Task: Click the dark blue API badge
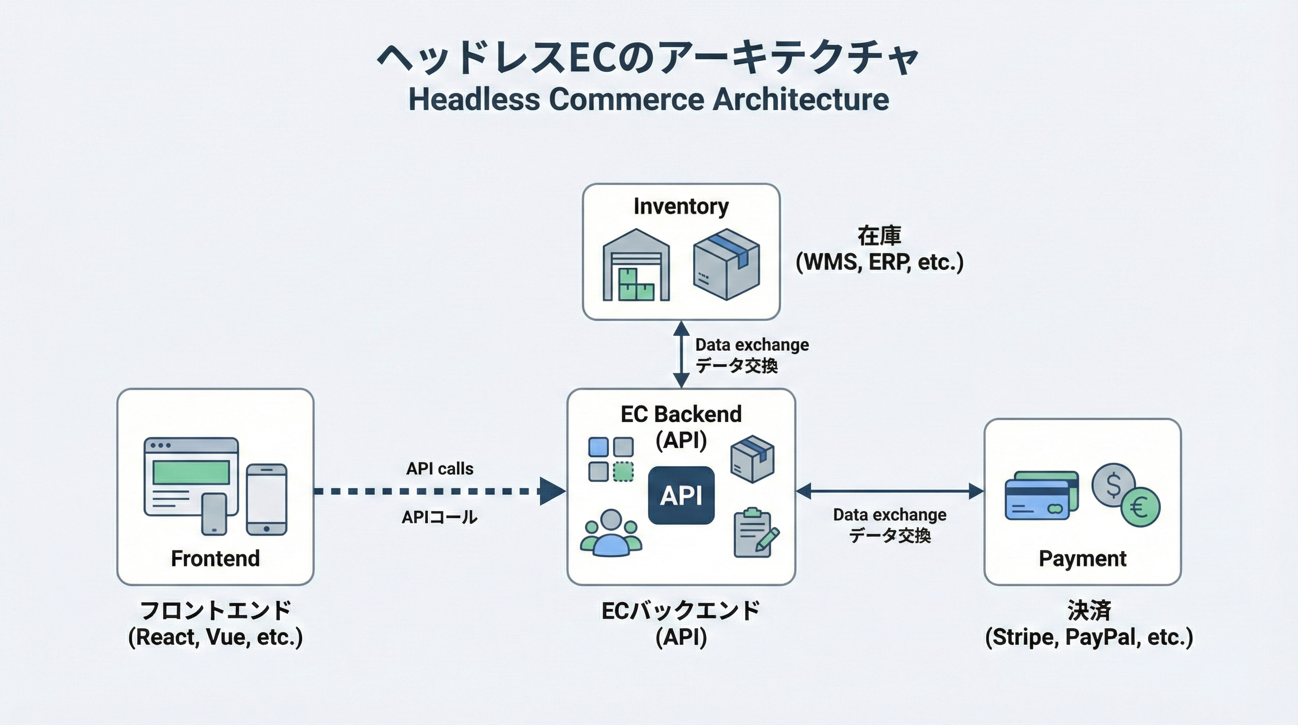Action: pos(681,495)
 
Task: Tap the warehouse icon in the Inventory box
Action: pos(636,265)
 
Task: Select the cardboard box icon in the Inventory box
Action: pos(726,264)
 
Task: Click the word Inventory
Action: pos(681,206)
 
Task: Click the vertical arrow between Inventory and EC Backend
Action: pos(681,354)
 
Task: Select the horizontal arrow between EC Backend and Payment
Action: pos(890,490)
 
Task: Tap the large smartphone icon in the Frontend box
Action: pos(266,499)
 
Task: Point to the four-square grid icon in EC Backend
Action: pos(611,459)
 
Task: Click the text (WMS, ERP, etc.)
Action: pos(879,261)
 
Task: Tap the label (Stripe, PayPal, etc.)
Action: pos(1089,637)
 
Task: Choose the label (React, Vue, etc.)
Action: pos(215,637)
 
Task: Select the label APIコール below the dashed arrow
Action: pos(439,517)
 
